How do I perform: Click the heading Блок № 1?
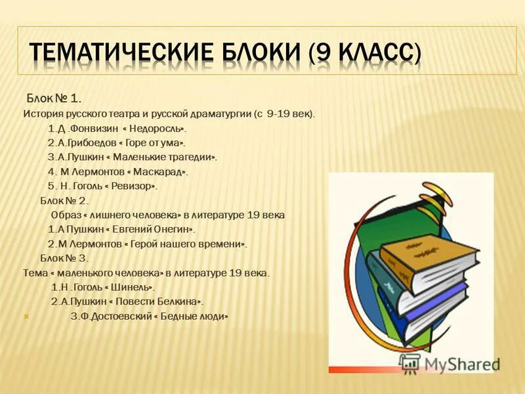coord(54,98)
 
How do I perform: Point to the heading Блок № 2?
coord(64,200)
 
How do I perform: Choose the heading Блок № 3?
coord(64,257)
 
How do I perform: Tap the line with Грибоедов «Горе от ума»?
coord(117,142)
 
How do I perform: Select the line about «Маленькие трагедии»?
coord(132,157)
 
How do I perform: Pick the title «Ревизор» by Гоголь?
coord(131,186)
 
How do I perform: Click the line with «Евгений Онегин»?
coord(121,229)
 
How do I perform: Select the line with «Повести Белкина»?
coord(127,301)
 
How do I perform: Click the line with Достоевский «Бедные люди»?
coord(149,316)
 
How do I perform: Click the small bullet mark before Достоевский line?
coord(26,317)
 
